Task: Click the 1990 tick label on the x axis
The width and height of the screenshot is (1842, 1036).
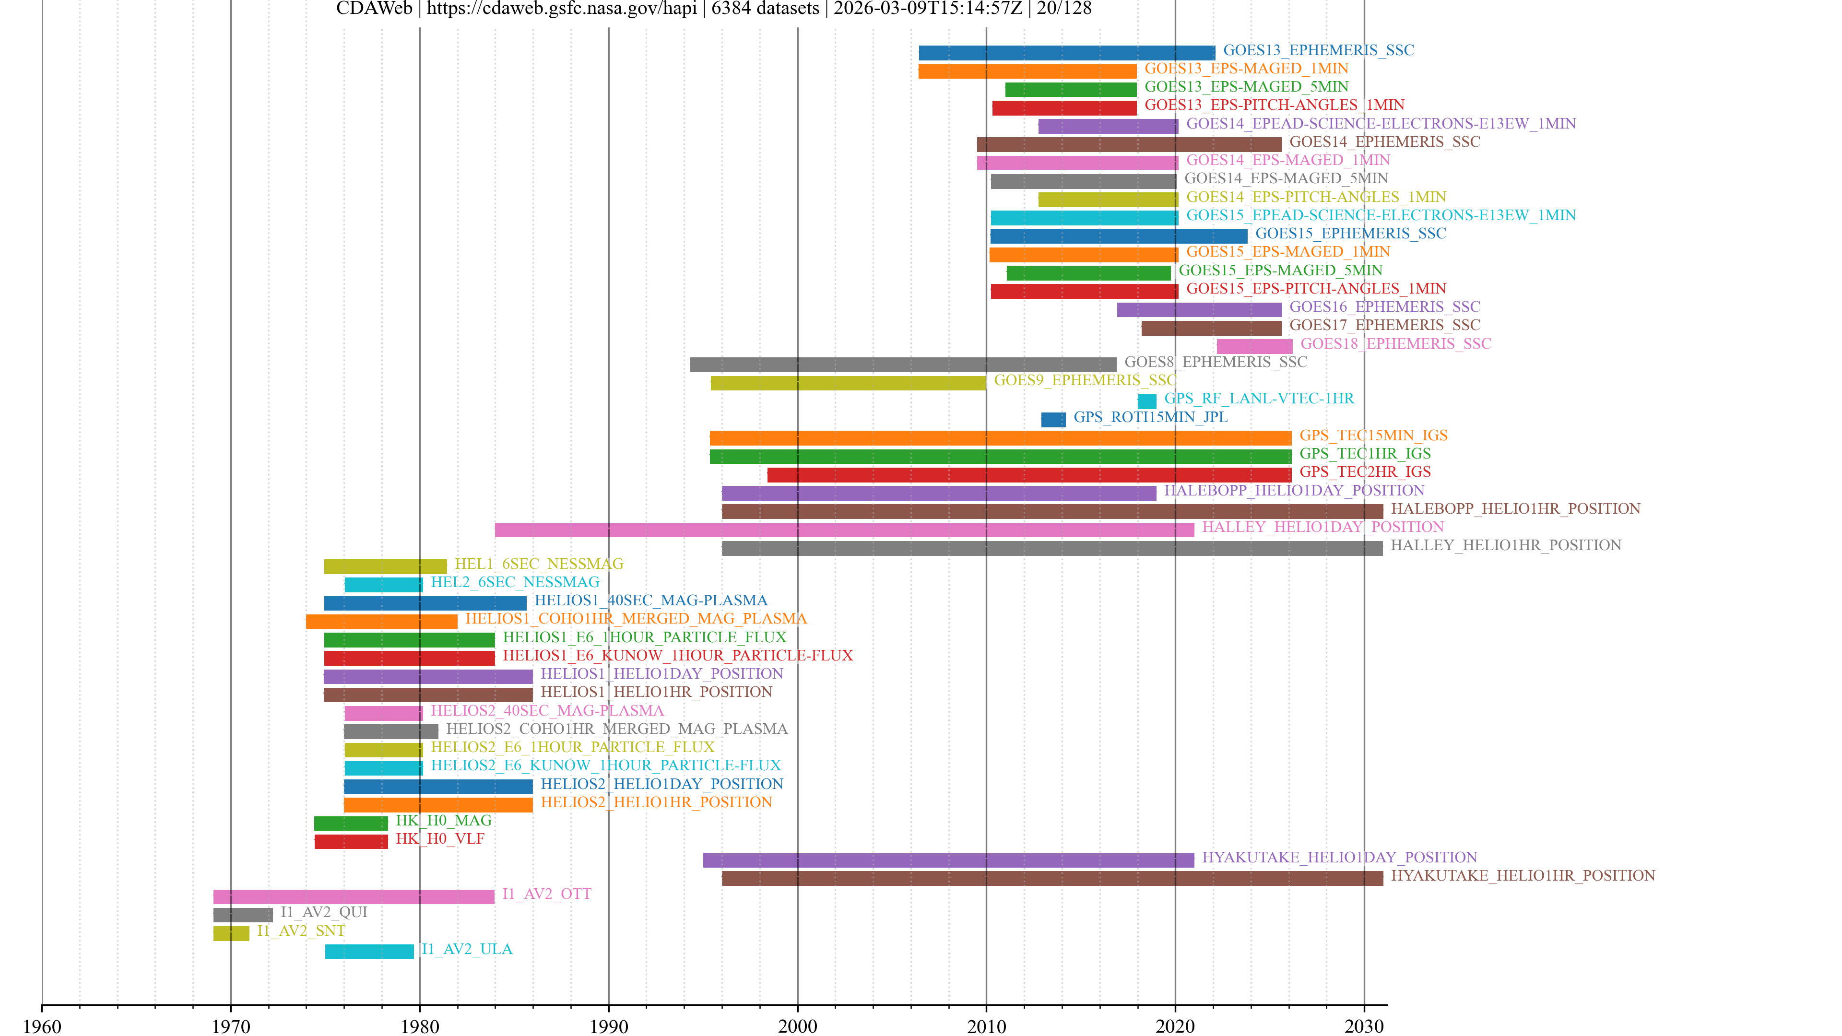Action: [609, 1026]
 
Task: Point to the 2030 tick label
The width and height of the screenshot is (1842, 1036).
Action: [1364, 1026]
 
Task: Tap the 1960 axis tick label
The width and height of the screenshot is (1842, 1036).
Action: [42, 1026]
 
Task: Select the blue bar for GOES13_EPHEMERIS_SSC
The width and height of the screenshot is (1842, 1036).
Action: [1066, 53]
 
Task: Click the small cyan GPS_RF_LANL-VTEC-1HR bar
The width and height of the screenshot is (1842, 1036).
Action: [1146, 401]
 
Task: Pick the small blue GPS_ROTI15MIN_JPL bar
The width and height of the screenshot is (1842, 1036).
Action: [1052, 420]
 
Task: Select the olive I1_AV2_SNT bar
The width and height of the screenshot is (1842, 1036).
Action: [231, 933]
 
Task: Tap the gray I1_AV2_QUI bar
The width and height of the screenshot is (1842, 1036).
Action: [243, 915]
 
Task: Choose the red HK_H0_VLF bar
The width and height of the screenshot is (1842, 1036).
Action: [351, 842]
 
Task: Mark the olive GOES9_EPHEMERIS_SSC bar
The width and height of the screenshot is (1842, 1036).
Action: [848, 383]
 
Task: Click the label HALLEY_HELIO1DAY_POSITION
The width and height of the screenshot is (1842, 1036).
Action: [1322, 527]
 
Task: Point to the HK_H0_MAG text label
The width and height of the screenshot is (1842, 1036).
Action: [443, 820]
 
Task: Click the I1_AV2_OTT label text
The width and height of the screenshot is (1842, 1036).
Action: [546, 894]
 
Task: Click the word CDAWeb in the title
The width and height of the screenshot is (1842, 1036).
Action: [374, 9]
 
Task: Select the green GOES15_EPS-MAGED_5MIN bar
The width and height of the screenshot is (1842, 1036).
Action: [1088, 273]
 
